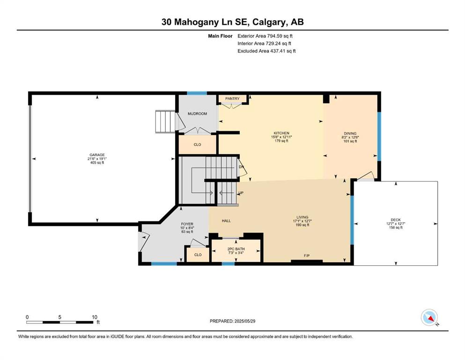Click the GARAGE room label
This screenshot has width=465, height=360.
(97, 155)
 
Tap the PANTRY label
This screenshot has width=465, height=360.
(232, 98)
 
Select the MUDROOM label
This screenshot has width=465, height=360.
(197, 113)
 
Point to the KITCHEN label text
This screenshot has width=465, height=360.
(281, 133)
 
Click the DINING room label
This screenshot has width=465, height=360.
(350, 134)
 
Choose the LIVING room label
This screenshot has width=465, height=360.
(302, 217)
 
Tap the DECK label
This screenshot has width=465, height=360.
(396, 220)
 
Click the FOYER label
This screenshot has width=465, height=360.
(187, 224)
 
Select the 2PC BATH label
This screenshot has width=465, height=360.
(236, 249)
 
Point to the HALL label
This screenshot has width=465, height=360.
(226, 221)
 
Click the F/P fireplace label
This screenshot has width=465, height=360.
(307, 255)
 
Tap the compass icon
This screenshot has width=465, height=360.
(429, 317)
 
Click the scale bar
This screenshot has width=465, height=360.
(60, 322)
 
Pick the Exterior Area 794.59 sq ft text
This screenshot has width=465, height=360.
(265, 36)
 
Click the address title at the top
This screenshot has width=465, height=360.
(232, 22)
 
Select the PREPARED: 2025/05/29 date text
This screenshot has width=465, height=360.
(232, 321)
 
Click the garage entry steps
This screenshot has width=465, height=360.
(165, 122)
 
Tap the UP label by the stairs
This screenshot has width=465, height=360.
(241, 193)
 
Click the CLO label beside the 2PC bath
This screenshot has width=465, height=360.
(198, 255)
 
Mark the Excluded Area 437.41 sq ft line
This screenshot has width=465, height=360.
(266, 51)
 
